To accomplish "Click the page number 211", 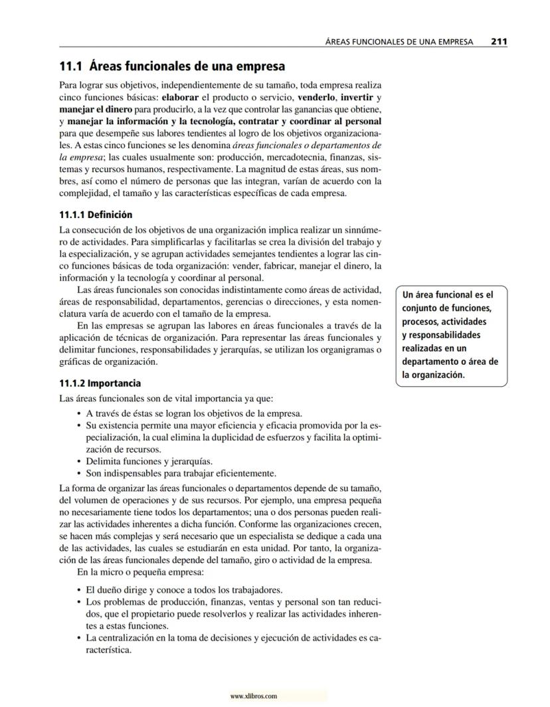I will point(499,41).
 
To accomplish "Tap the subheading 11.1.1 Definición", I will point(96,215).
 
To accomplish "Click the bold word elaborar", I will point(181,96).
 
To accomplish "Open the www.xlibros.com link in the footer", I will point(253,696).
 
